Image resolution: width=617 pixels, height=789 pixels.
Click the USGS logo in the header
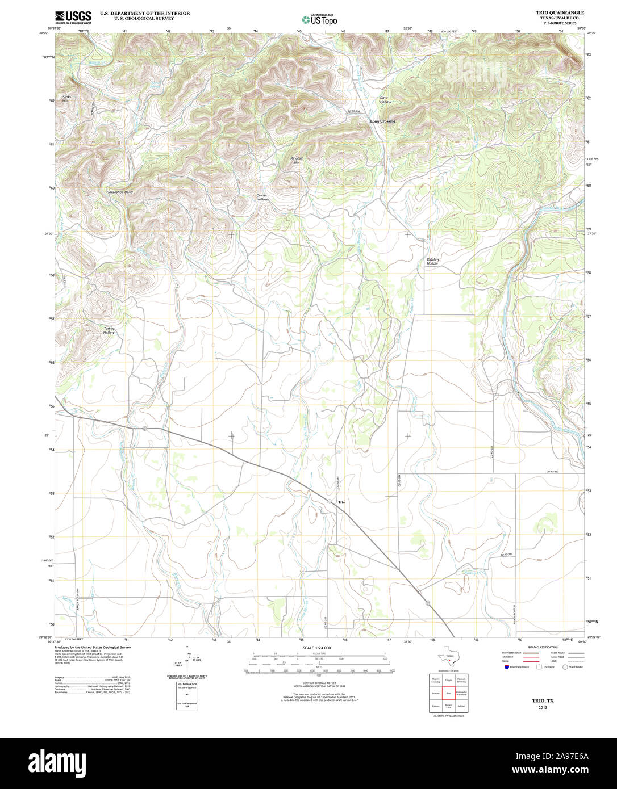tap(73, 17)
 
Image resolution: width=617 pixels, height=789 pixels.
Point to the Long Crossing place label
tap(382, 121)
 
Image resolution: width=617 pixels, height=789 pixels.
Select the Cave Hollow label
tap(385, 100)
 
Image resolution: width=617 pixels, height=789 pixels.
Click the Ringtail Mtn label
tap(296, 161)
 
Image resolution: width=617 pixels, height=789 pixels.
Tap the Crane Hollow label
tap(262, 198)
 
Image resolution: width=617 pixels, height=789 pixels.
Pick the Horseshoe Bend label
tap(119, 192)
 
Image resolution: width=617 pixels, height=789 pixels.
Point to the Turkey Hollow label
tap(109, 330)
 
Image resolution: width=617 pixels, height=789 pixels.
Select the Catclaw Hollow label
tap(432, 262)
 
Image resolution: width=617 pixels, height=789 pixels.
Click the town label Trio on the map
tap(341, 503)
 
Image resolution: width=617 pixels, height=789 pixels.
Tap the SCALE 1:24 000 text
tap(316, 648)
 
